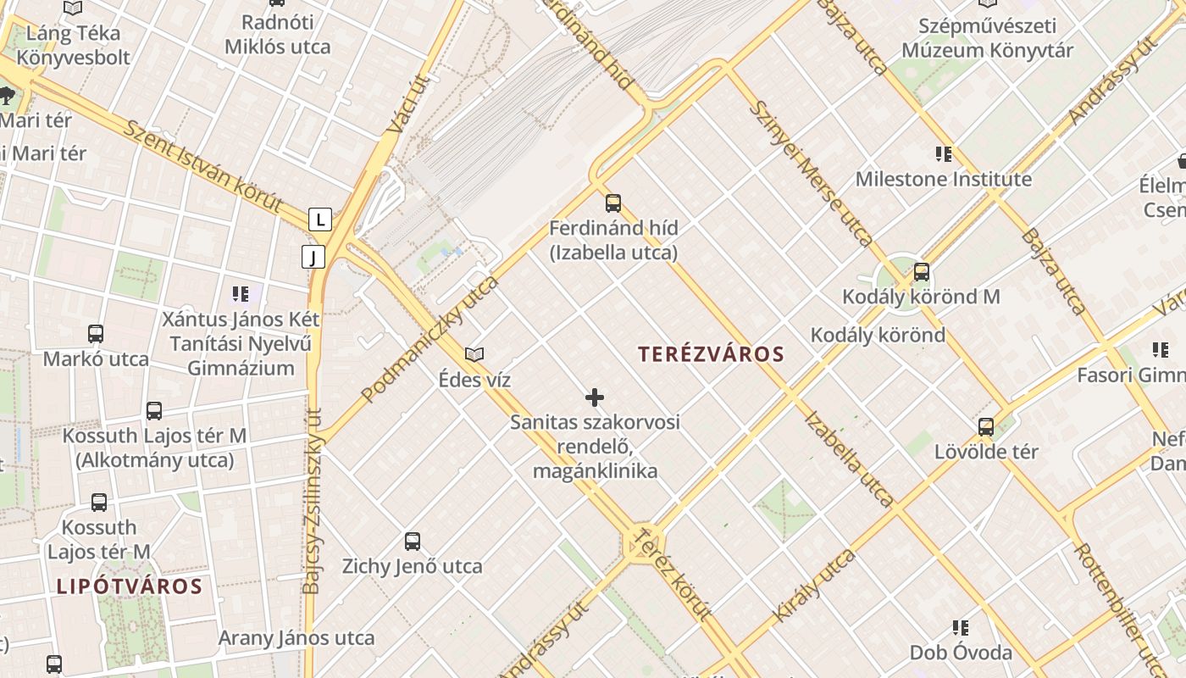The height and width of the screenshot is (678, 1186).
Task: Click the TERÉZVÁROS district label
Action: click(x=712, y=354)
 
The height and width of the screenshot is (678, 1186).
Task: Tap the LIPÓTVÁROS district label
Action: click(x=130, y=586)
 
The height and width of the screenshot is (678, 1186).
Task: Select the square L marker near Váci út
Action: click(x=319, y=220)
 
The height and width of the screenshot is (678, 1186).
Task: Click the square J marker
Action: click(x=313, y=256)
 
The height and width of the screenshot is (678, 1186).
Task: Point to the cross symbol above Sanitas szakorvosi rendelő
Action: click(x=595, y=397)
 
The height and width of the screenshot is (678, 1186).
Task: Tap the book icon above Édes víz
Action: click(x=474, y=354)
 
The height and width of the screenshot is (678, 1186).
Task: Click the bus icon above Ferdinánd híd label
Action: click(x=613, y=203)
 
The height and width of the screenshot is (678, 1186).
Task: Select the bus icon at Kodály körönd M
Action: click(x=921, y=273)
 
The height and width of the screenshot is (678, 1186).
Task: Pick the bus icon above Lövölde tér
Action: click(x=986, y=426)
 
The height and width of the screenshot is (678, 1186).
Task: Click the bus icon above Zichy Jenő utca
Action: click(x=413, y=541)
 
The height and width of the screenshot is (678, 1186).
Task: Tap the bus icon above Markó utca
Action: click(x=96, y=334)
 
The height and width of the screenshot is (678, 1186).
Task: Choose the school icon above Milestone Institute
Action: click(x=943, y=154)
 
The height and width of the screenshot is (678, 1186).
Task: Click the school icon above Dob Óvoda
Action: click(x=960, y=628)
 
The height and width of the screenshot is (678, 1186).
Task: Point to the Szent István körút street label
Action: click(x=203, y=166)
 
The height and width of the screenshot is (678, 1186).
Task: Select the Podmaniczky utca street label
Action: click(x=430, y=338)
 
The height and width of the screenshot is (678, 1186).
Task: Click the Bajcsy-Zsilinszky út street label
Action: click(x=312, y=500)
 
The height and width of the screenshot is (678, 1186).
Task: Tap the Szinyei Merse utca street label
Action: click(x=812, y=173)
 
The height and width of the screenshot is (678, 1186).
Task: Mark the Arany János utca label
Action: click(x=296, y=637)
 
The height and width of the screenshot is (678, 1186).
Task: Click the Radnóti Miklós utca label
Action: click(x=277, y=34)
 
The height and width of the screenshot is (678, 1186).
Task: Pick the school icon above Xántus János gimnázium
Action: click(x=241, y=294)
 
